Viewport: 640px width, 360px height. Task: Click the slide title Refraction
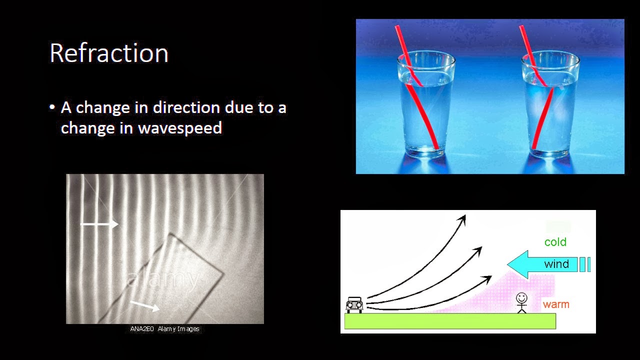(109, 53)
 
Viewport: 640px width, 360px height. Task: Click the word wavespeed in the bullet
(180, 128)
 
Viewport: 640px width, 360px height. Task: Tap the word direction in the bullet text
(186, 107)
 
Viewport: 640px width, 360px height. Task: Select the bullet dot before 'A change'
(52, 108)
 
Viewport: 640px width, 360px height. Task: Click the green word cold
(555, 242)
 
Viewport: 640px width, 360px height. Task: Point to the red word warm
(556, 304)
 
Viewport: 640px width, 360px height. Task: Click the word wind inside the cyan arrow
(556, 264)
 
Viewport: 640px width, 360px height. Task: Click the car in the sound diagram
(354, 304)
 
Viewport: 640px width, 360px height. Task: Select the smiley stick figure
(521, 302)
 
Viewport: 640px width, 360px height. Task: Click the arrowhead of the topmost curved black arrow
(462, 218)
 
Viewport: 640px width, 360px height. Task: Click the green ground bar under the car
(450, 321)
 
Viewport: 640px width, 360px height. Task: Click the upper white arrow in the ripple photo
(99, 224)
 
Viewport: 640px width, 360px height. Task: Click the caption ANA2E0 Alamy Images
(164, 329)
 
